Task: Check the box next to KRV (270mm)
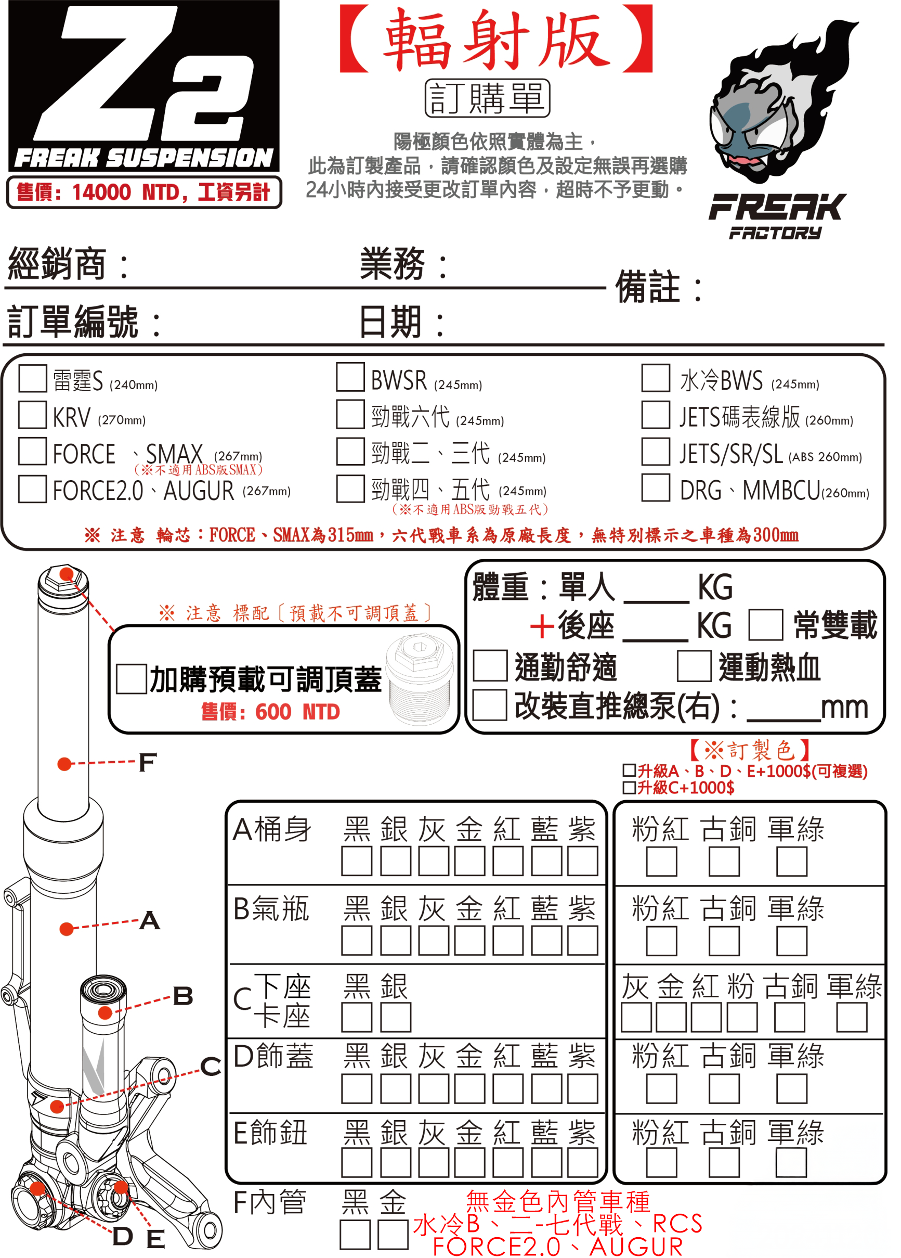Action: tap(32, 415)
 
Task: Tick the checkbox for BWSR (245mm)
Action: tap(350, 377)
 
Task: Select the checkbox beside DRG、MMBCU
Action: tap(656, 487)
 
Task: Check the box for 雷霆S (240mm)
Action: tap(32, 378)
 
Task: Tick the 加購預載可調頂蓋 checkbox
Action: tap(132, 679)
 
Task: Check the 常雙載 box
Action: tap(766, 625)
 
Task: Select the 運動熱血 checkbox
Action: tap(694, 665)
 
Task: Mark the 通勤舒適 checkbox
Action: tap(490, 665)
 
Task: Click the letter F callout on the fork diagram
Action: tap(148, 762)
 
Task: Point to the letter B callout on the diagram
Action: tap(183, 996)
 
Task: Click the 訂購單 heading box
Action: tap(487, 98)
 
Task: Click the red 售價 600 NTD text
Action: tap(270, 712)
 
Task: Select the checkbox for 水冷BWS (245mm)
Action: tap(656, 378)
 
